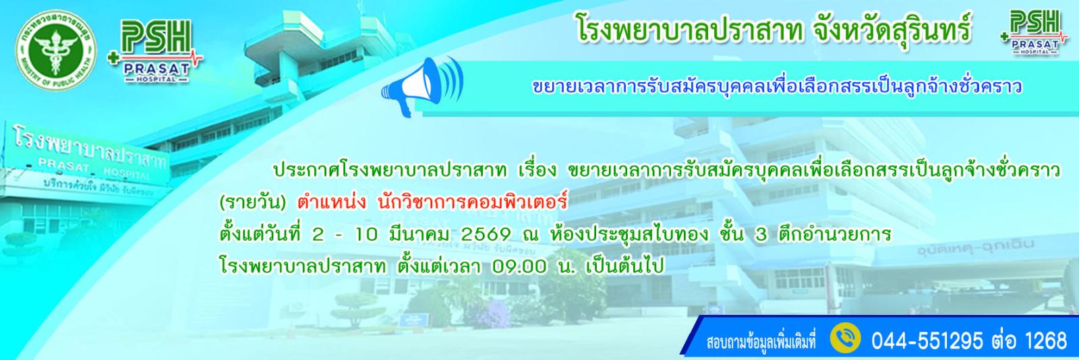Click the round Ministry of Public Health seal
click(56, 51)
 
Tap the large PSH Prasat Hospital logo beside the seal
click(155, 51)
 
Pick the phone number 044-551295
click(927, 340)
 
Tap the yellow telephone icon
click(846, 338)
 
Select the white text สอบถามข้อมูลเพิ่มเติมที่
click(761, 342)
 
